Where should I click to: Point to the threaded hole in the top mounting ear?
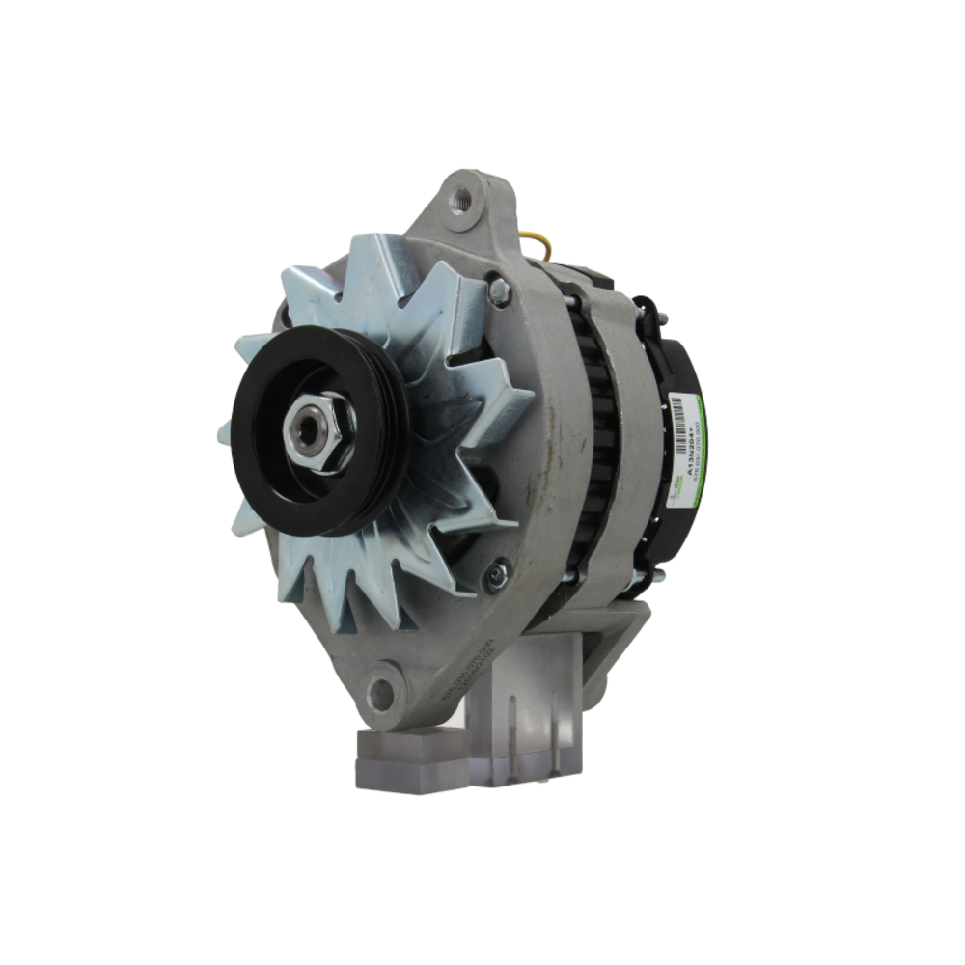(x=462, y=200)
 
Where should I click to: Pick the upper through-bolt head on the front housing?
(x=498, y=290)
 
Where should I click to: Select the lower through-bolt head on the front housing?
(x=496, y=576)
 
